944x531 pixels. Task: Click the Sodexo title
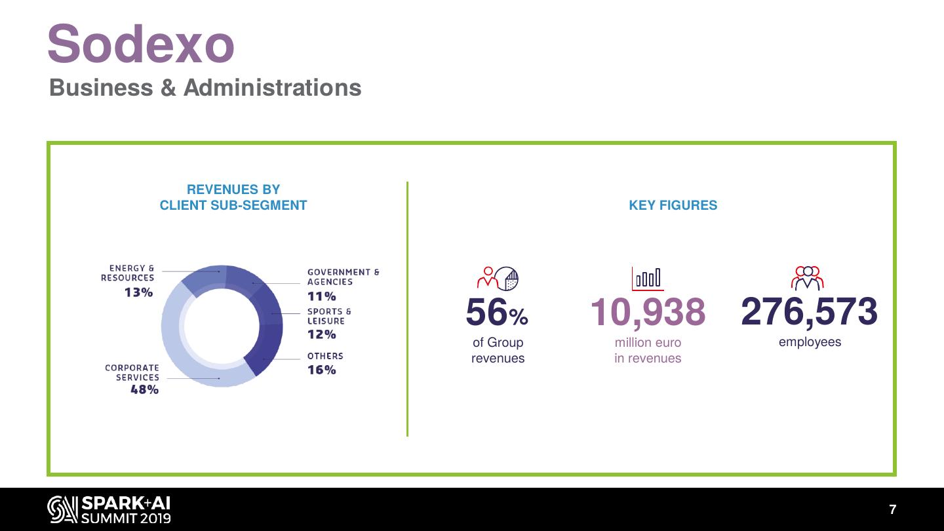pyautogui.click(x=140, y=45)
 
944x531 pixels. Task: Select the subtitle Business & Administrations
pyautogui.click(x=205, y=88)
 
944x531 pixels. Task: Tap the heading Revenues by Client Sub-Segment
pyautogui.click(x=233, y=197)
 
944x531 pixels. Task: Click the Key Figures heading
pyautogui.click(x=673, y=205)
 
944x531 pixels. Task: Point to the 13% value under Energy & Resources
pyautogui.click(x=139, y=292)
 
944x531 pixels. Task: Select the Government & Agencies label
pyautogui.click(x=343, y=277)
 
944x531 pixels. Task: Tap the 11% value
pyautogui.click(x=321, y=296)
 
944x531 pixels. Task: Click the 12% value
pyautogui.click(x=321, y=334)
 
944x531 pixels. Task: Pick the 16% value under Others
pyautogui.click(x=321, y=370)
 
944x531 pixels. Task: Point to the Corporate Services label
pyautogui.click(x=132, y=372)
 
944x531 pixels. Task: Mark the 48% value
pyautogui.click(x=144, y=389)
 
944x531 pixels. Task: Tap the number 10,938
pyautogui.click(x=648, y=312)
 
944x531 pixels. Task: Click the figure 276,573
pyautogui.click(x=809, y=311)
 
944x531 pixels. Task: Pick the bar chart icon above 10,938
pyautogui.click(x=648, y=278)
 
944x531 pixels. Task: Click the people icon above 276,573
pyautogui.click(x=808, y=278)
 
